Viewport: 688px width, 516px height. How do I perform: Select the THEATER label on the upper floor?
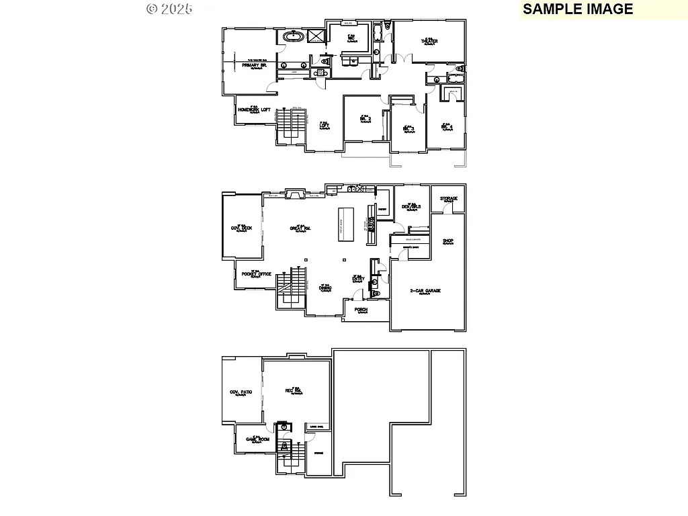click(429, 42)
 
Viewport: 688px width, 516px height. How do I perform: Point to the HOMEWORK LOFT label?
click(255, 110)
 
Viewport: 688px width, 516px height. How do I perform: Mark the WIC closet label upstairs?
click(351, 38)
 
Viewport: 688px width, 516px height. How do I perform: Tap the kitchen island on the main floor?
click(345, 224)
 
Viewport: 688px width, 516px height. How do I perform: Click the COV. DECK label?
click(242, 228)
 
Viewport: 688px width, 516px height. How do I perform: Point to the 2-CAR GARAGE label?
click(425, 291)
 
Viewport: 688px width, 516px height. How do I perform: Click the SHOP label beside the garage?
click(448, 241)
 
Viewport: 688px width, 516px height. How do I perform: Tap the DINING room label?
click(325, 288)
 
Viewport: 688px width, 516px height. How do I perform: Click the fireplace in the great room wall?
click(294, 195)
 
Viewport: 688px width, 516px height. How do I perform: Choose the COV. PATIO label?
click(241, 392)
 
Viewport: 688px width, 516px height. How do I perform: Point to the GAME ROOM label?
click(257, 439)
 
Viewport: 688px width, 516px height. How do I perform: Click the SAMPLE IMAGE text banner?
click(578, 9)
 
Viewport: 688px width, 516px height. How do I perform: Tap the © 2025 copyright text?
click(169, 9)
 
